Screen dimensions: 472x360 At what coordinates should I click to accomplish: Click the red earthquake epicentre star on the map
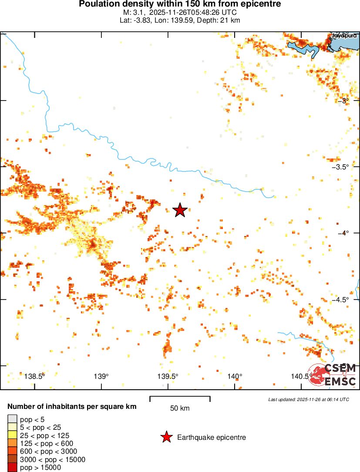tap(180, 210)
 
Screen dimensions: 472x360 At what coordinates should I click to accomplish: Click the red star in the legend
tap(166, 437)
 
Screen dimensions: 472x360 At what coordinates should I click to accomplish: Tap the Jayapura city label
tap(344, 36)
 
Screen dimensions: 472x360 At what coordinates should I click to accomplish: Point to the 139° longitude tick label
tap(101, 377)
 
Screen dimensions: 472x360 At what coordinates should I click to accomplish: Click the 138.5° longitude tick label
tap(35, 377)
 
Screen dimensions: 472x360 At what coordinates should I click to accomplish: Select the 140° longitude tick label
tap(235, 377)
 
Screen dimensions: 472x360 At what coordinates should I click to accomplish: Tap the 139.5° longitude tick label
tap(168, 377)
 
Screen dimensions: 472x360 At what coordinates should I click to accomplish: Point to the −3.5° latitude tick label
tap(340, 167)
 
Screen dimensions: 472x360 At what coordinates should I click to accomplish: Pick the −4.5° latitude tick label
tap(340, 300)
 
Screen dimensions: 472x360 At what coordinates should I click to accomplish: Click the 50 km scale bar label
tap(180, 408)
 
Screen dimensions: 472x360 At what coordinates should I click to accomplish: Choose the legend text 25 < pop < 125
tap(44, 435)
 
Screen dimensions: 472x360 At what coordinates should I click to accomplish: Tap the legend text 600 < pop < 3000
tap(48, 452)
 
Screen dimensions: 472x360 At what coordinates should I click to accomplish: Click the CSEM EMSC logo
tap(333, 375)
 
